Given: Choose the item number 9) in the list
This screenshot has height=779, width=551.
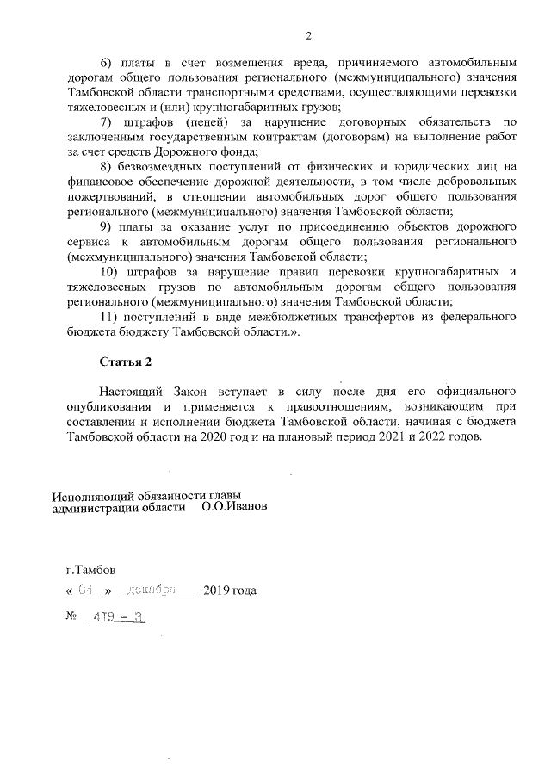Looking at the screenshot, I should [x=107, y=227].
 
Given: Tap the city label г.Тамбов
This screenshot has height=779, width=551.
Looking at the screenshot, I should [x=91, y=570].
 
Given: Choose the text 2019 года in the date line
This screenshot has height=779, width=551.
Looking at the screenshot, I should [x=229, y=591].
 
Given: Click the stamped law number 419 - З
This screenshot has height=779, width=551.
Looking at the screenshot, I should [x=114, y=618].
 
